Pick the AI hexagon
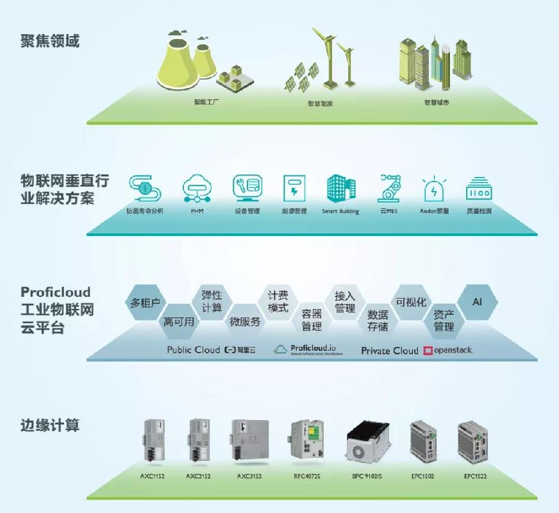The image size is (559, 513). tap(477, 301)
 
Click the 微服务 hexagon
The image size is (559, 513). tap(245, 321)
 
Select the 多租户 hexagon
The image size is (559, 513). tap(145, 302)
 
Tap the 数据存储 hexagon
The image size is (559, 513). tap(378, 320)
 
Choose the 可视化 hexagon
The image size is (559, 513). tap(411, 302)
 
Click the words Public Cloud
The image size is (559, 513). tap(193, 349)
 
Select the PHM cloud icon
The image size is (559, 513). tap(197, 188)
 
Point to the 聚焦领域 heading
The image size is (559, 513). tap(49, 42)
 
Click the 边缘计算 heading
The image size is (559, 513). tap(49, 425)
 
